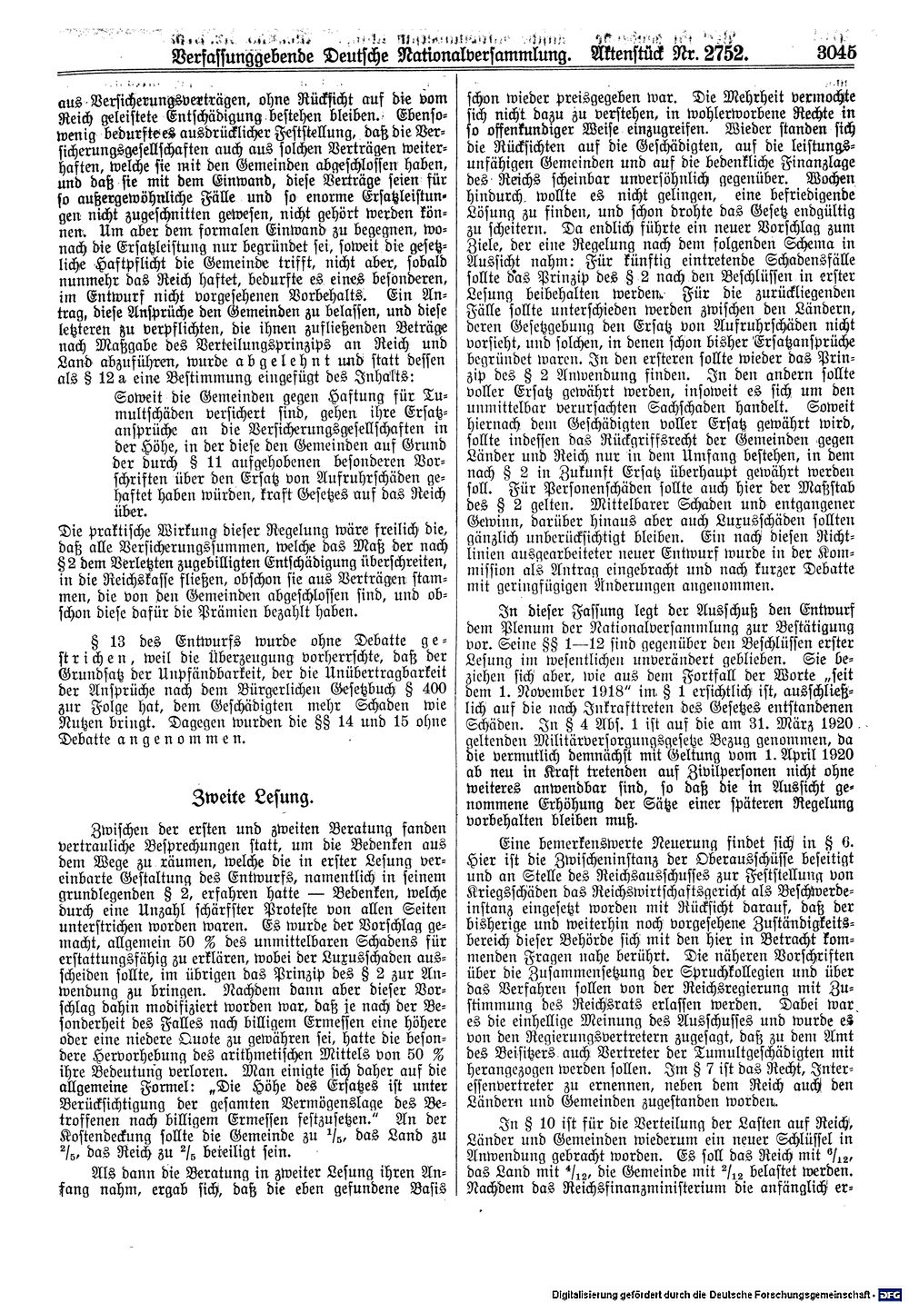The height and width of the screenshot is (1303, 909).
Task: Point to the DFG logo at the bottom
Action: (x=891, y=1289)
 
